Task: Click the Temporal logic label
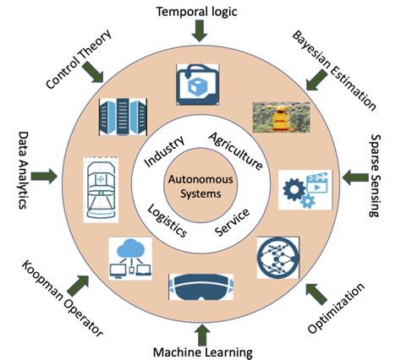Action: coord(200,11)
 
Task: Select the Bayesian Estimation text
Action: coord(333,72)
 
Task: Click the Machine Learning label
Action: coord(200,350)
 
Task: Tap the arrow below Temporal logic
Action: coord(200,32)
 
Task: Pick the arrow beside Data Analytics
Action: coord(46,177)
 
